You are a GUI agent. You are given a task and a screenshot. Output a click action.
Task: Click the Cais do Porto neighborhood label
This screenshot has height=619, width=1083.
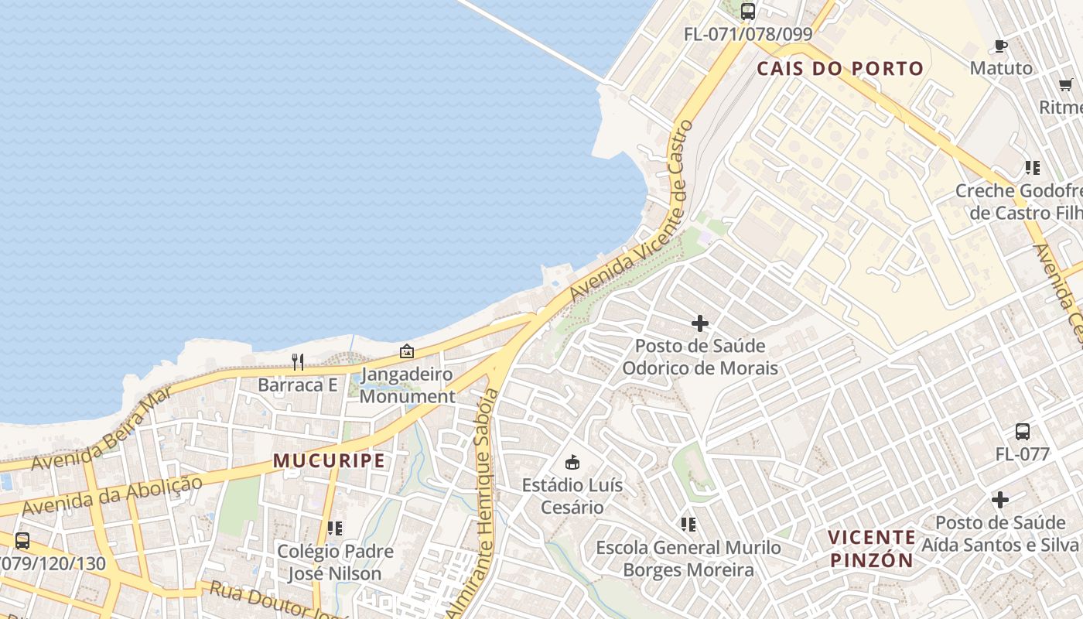[840, 69]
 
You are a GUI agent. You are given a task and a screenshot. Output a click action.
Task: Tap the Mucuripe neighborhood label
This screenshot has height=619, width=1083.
[329, 461]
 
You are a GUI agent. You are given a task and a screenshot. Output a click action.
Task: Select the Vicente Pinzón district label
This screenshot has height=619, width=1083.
[872, 549]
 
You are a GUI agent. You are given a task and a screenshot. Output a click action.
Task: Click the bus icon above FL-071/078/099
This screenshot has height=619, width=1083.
[747, 12]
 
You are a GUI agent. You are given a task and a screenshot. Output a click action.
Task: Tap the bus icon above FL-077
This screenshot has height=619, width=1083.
[1022, 432]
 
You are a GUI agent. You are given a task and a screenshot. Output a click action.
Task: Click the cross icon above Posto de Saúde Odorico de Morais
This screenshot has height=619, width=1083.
[700, 323]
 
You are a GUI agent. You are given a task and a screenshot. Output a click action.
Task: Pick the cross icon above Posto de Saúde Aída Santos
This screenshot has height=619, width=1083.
[1000, 500]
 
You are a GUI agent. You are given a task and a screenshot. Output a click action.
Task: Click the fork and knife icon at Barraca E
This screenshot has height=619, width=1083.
[298, 361]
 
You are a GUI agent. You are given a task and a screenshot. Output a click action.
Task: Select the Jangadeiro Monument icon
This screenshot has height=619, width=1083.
[407, 351]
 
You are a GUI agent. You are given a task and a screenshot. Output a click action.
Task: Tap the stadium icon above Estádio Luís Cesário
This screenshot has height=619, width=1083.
[572, 463]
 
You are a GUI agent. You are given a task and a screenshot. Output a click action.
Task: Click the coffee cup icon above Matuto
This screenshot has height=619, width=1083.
[1000, 46]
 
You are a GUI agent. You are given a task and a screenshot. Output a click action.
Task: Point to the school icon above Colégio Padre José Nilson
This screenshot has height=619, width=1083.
[335, 528]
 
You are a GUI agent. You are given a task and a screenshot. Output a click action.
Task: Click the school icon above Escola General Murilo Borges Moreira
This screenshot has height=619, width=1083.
[688, 525]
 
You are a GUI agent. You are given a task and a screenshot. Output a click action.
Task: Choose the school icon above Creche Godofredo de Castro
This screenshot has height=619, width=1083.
[1032, 167]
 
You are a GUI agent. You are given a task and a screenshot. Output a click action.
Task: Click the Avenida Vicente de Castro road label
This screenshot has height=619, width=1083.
[628, 212]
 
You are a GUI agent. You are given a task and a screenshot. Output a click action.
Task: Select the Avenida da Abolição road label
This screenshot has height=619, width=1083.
[112, 496]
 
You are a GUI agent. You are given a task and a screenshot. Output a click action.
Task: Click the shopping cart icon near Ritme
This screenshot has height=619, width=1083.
[1065, 84]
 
